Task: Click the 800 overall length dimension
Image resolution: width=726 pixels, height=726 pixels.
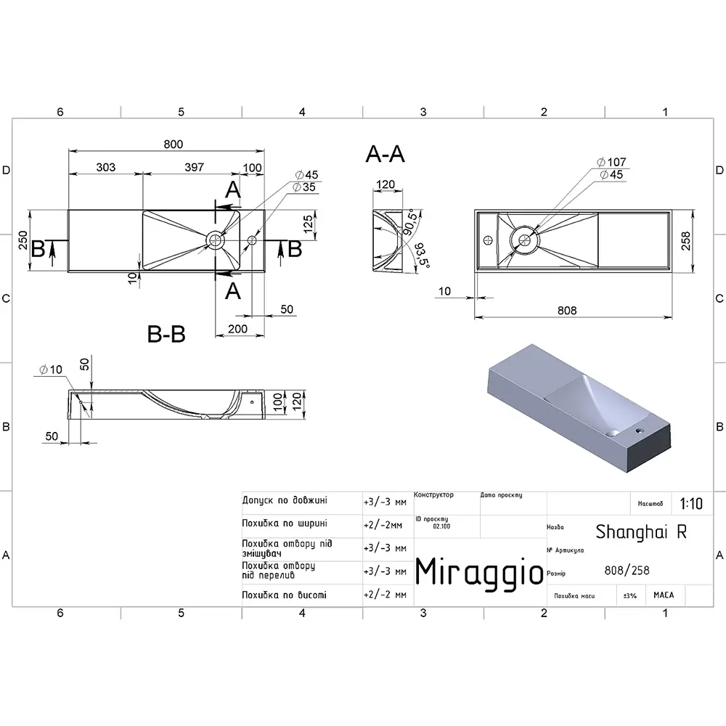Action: click(x=174, y=144)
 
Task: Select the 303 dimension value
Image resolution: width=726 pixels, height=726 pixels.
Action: click(x=105, y=167)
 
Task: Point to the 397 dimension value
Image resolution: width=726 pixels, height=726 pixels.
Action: click(x=194, y=167)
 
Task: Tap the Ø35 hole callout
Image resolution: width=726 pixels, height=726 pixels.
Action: click(x=303, y=187)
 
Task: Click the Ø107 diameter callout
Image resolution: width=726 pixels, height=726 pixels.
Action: click(x=611, y=162)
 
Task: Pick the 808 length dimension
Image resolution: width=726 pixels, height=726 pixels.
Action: click(x=567, y=311)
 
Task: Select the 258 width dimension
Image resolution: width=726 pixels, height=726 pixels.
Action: click(x=686, y=241)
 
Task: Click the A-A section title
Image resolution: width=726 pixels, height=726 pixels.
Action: click(x=385, y=154)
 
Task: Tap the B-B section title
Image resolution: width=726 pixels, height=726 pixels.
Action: click(x=166, y=334)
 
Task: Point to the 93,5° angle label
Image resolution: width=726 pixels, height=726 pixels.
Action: click(x=422, y=255)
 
